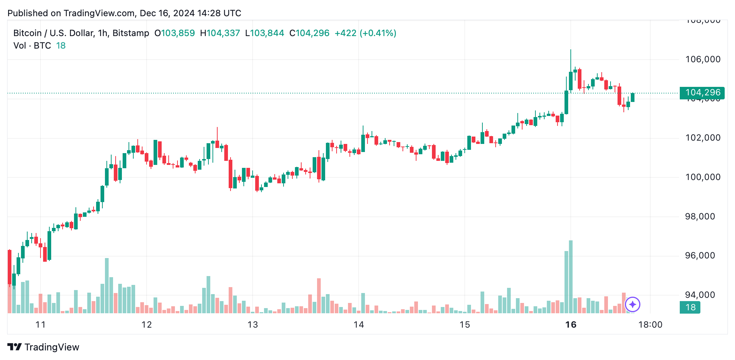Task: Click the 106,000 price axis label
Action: [703, 59]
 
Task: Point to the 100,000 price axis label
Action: [703, 177]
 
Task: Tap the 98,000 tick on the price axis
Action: [703, 216]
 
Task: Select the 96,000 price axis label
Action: [703, 255]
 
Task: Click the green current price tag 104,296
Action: [702, 93]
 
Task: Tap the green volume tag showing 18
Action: [690, 307]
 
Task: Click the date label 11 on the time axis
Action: [41, 325]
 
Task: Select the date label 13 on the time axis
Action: [253, 325]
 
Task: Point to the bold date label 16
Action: [571, 325]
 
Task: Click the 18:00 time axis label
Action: [650, 325]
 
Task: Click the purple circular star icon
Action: [633, 304]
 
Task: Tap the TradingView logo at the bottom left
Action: [43, 347]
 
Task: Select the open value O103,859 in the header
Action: [175, 33]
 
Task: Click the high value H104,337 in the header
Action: [220, 33]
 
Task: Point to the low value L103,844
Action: [264, 33]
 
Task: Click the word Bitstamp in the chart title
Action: [131, 33]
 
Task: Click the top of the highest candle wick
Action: [571, 50]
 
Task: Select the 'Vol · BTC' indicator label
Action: [32, 46]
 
